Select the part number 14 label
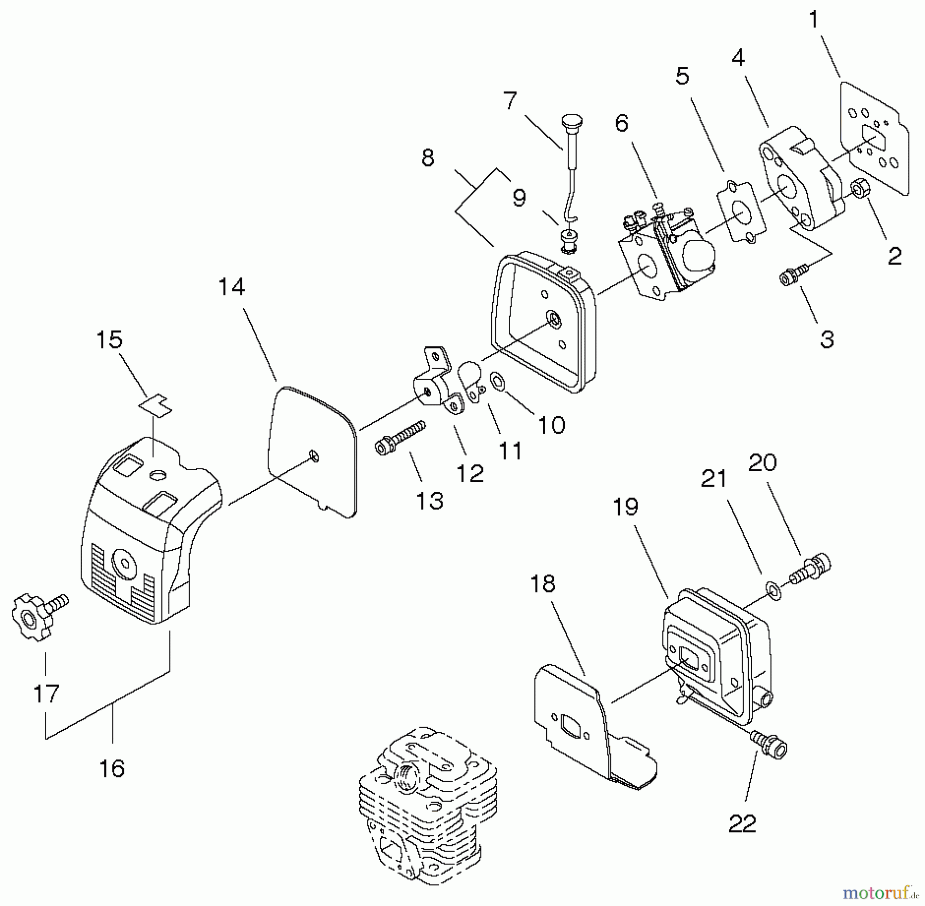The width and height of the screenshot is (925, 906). coord(231,287)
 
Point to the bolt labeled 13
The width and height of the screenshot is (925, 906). coord(400,437)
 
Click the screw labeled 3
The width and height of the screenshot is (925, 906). coord(793,274)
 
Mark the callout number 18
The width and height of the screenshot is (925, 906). coord(542,584)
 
